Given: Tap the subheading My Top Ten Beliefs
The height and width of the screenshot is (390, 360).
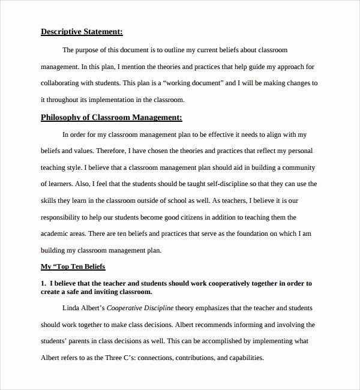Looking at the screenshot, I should [77, 265].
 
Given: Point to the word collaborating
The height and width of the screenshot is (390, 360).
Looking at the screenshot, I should [64, 83].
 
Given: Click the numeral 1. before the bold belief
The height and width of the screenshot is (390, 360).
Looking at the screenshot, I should [43, 283].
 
